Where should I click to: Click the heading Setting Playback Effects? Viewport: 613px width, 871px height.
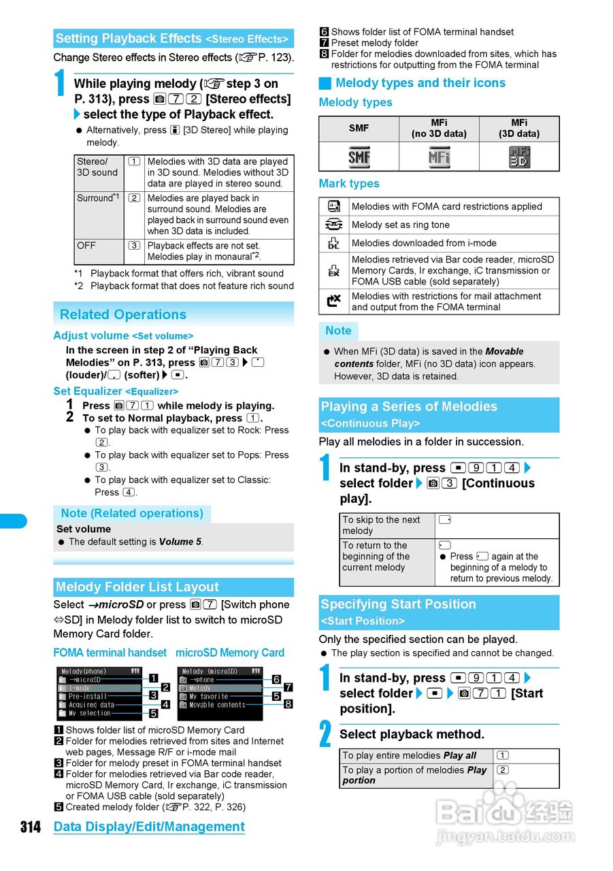point(129,39)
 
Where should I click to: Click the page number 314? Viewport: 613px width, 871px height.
point(31,827)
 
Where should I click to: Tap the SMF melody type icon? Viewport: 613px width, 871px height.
point(359,157)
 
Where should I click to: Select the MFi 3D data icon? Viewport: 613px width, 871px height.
point(519,157)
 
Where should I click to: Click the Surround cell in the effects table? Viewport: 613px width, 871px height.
point(98,198)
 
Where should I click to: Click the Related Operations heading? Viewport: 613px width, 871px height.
point(123,315)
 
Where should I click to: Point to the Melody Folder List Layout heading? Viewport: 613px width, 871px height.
point(137,587)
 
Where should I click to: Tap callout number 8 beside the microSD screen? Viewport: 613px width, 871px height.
point(288,704)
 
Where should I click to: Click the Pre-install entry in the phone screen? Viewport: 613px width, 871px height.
point(88,697)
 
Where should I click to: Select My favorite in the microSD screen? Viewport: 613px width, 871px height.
point(208,697)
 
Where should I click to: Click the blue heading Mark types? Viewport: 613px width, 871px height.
point(349,184)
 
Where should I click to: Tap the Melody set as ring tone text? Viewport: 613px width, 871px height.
point(400,225)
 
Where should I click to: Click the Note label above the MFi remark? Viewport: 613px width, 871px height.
point(338,331)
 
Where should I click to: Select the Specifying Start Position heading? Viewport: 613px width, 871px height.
point(398,604)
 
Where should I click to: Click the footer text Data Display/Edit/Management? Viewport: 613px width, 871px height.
point(149,827)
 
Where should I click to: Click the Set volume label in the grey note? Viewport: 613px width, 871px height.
point(84,529)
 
